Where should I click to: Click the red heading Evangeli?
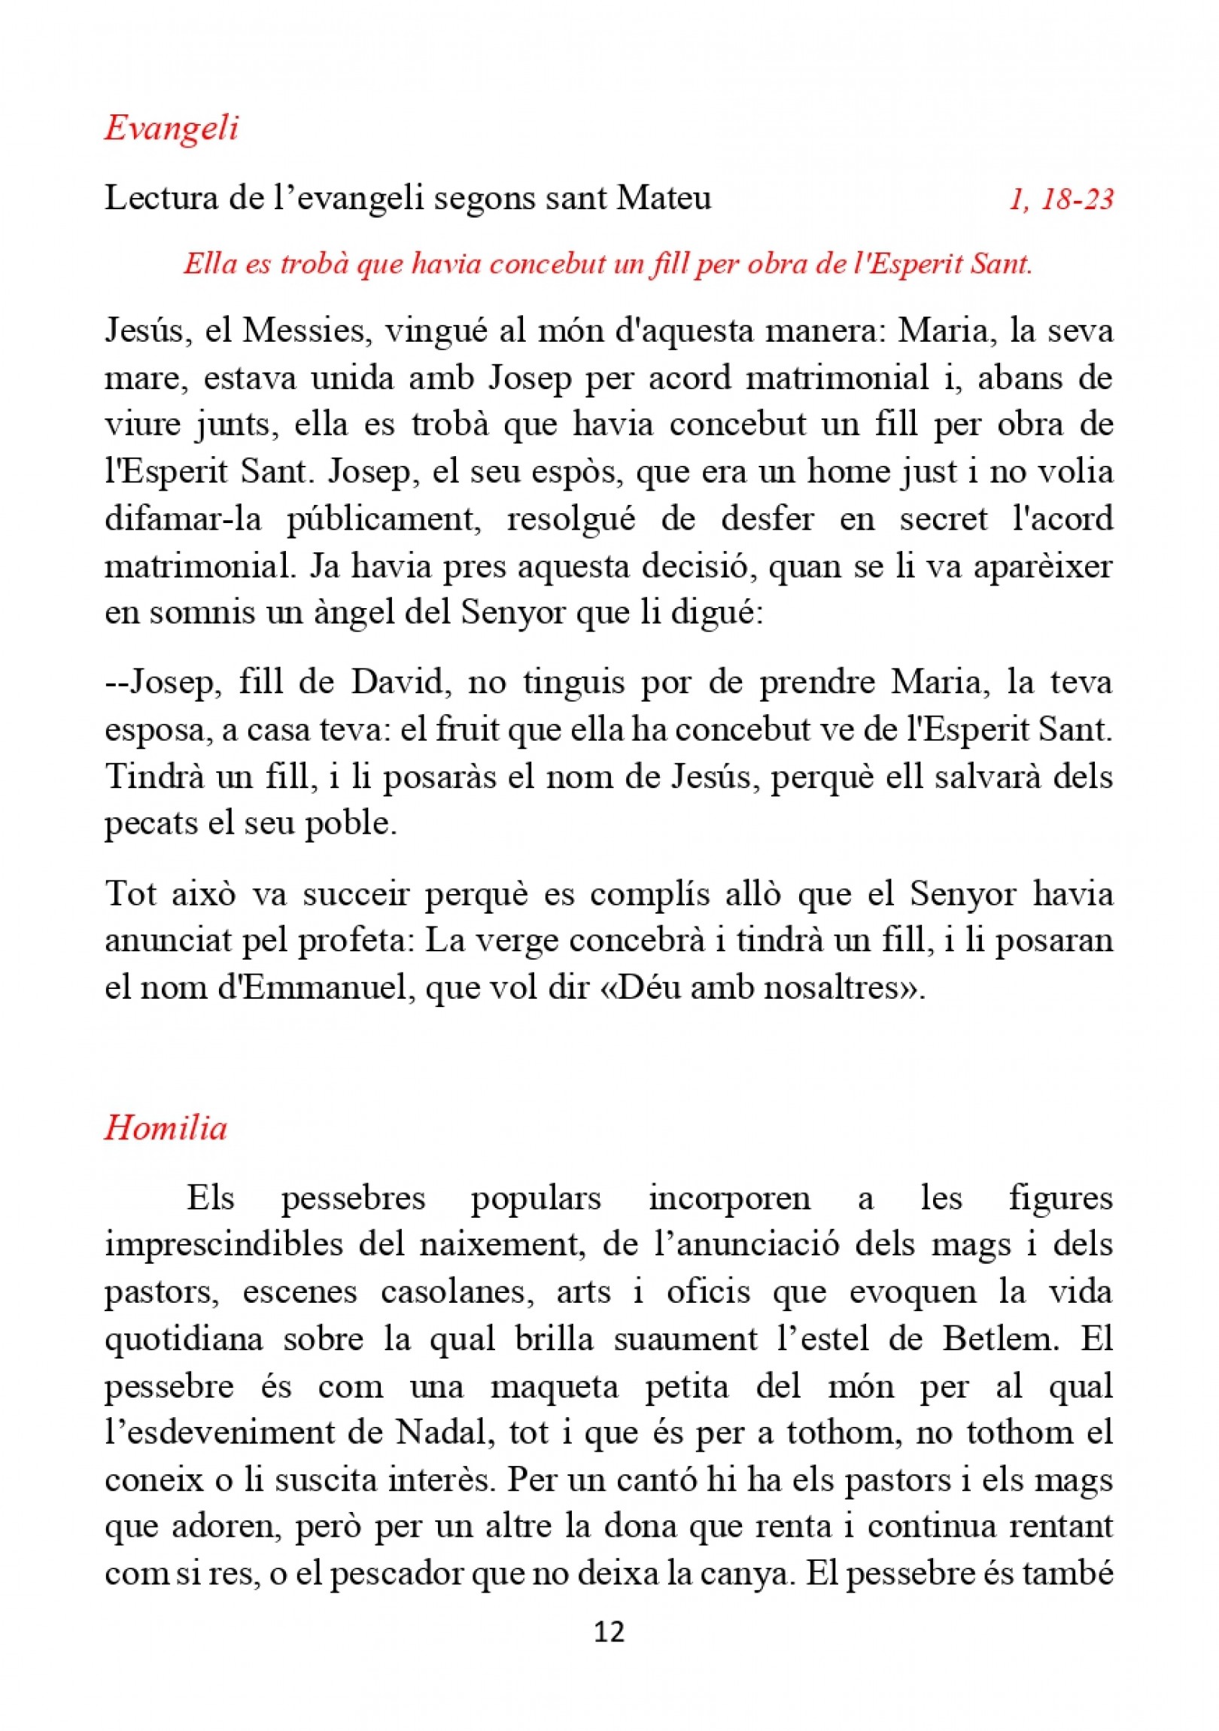tap(171, 128)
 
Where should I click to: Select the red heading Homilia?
tap(166, 1129)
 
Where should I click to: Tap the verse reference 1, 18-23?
tap(1061, 199)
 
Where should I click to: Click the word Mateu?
tap(664, 199)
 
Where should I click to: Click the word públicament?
tap(384, 519)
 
